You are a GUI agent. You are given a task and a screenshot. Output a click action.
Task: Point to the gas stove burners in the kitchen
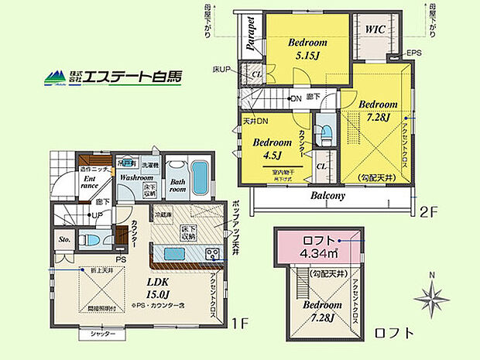click(x=212, y=254)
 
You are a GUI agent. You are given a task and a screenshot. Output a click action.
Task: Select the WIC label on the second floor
click(x=376, y=29)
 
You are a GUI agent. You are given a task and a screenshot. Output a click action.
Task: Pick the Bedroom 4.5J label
click(x=266, y=148)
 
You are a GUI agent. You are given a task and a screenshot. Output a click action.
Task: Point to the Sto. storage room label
click(x=66, y=241)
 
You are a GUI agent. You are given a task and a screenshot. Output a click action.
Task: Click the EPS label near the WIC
click(x=416, y=53)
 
